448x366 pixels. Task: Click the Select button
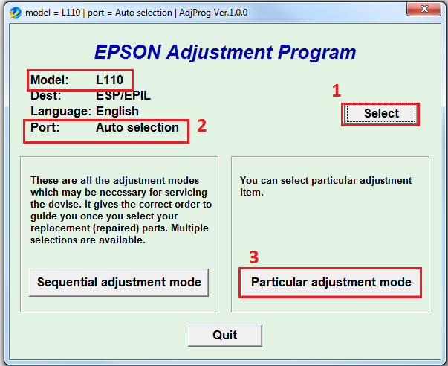381,114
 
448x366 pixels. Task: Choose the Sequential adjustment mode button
119,283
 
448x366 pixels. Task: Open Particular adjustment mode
331,283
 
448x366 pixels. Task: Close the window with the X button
423,9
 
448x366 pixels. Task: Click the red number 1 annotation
337,91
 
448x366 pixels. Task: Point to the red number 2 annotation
202,126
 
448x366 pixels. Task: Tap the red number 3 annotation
253,257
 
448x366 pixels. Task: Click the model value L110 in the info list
109,80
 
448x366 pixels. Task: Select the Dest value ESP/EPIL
123,95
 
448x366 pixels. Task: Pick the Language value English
117,112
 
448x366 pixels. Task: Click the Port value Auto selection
137,128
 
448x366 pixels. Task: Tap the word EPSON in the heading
128,52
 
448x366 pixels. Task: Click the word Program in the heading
316,53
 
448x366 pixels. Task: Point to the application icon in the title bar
16,13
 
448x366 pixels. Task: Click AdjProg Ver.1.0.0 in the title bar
213,13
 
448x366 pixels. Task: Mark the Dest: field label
46,95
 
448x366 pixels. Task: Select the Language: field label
61,112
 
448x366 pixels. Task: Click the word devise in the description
68,205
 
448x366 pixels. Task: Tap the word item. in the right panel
251,193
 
